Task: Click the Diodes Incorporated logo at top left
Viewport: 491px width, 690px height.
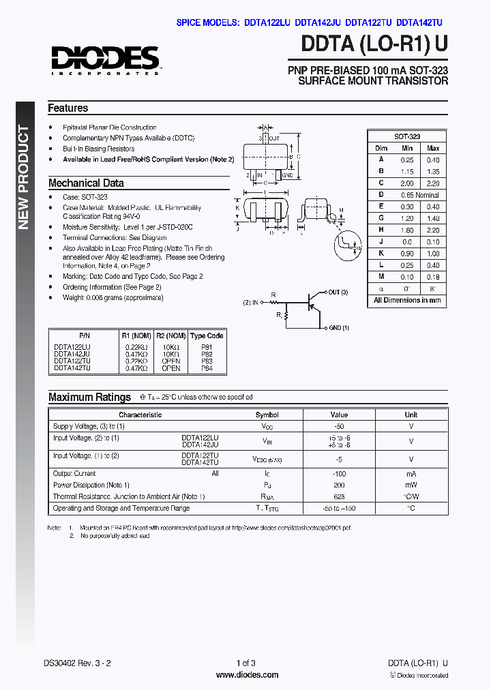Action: [x=104, y=60]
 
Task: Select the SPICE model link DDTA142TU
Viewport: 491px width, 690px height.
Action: [x=419, y=22]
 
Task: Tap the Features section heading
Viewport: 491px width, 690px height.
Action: [x=68, y=108]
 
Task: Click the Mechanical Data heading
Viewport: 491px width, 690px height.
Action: [x=86, y=183]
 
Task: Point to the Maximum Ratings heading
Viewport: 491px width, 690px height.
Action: [x=89, y=397]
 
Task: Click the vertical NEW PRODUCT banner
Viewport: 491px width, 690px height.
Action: [x=24, y=177]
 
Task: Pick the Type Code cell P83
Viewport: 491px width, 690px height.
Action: [x=207, y=361]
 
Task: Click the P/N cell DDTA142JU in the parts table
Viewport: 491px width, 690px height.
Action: [x=72, y=355]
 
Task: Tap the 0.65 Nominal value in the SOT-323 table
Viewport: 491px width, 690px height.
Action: [x=419, y=195]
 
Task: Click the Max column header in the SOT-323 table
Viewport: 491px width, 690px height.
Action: [x=433, y=148]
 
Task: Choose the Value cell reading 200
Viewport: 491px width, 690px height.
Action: [x=339, y=485]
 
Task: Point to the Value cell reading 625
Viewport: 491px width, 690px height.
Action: [x=339, y=497]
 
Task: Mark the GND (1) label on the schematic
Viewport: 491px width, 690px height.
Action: [x=340, y=328]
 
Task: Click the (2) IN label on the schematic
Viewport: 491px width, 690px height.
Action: [x=251, y=301]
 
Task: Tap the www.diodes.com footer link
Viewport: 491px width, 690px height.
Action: [x=246, y=675]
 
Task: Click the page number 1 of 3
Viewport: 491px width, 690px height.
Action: [x=245, y=663]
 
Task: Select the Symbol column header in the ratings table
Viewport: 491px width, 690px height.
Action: [x=267, y=415]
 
